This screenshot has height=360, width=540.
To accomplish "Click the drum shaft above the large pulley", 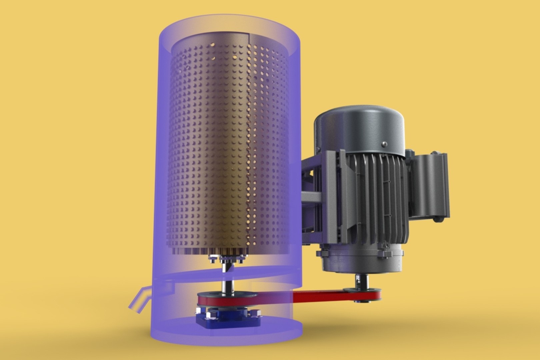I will (x=227, y=283).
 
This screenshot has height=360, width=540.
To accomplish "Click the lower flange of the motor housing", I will (x=360, y=257).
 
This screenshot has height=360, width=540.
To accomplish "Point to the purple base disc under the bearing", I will (x=230, y=337).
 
